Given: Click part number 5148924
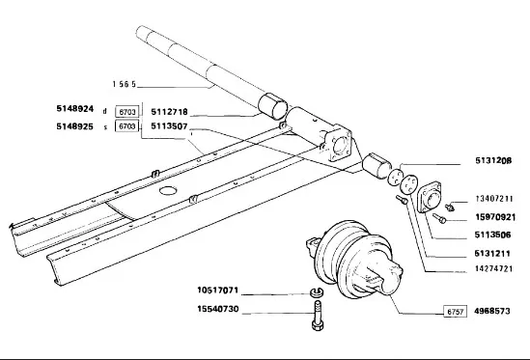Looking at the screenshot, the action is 74,109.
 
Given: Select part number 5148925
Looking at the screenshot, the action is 74,126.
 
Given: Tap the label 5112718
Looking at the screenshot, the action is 169,112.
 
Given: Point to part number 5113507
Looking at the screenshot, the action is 169,126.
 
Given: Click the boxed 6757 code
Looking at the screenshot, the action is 455,312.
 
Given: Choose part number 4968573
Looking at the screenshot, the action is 491,311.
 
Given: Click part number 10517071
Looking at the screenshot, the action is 218,291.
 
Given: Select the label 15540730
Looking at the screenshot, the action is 218,309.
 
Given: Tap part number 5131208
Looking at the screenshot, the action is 493,160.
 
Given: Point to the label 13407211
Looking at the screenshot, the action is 494,199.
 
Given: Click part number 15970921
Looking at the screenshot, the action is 495,217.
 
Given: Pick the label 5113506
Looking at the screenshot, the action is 492,235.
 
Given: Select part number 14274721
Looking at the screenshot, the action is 494,268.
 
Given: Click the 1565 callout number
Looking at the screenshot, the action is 124,84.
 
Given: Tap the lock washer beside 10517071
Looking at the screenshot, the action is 317,291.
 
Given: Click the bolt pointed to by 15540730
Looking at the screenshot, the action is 317,316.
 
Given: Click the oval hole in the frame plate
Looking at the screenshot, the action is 168,190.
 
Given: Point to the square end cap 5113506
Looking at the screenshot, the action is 429,198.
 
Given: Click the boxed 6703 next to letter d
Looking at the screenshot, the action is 127,112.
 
